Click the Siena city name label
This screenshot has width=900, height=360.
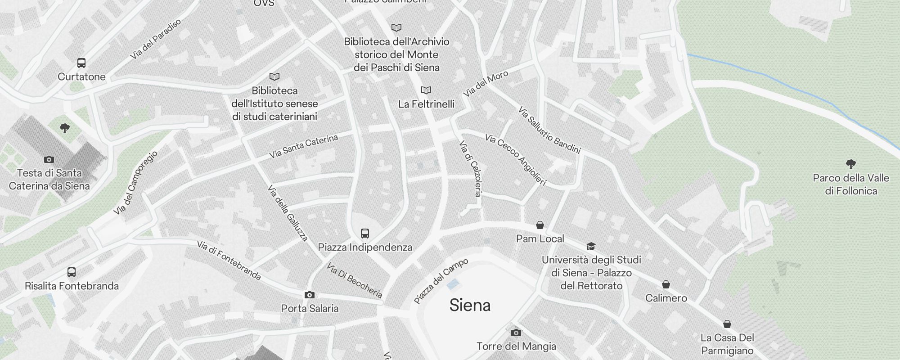coord(470,306)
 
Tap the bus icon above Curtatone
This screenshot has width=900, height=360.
coord(81,63)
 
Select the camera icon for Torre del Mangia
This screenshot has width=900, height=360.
coord(516,333)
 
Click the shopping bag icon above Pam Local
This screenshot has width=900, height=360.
coord(540,225)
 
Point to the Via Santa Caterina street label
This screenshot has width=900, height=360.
coord(304,146)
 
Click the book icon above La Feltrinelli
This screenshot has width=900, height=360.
coord(426,90)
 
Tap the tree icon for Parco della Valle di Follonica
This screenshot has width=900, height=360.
coord(850,164)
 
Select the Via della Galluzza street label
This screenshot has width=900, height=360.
coord(288,213)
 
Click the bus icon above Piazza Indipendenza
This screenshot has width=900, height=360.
coord(365,234)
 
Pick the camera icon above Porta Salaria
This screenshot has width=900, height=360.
coord(310,295)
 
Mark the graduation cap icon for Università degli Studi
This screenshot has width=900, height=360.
coord(591,246)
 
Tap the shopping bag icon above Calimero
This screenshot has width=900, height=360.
coord(666,284)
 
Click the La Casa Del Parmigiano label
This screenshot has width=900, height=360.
coord(727,344)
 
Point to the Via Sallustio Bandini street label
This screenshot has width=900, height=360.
coord(549,130)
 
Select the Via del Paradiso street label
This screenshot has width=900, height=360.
coord(156,39)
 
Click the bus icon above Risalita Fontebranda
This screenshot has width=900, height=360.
coord(72,272)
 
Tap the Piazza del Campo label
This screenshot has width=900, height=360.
coord(441,281)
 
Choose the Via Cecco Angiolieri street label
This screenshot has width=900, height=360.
coord(516,159)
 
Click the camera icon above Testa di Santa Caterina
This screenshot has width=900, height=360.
coord(49,159)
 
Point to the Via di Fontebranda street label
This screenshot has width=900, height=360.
coord(229,260)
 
